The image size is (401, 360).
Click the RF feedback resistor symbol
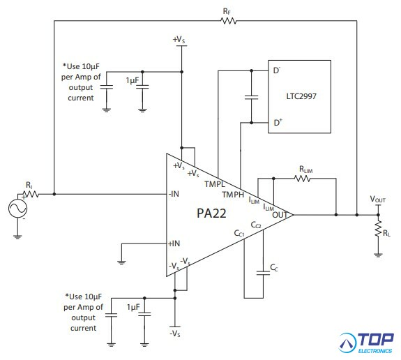click(x=228, y=21)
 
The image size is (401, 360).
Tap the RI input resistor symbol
click(x=31, y=194)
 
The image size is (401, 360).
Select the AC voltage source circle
click(x=17, y=209)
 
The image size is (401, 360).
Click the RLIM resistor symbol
click(x=303, y=179)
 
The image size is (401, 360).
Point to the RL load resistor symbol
click(x=378, y=228)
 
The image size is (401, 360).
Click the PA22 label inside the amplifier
click(x=211, y=213)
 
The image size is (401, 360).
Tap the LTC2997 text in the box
click(x=301, y=96)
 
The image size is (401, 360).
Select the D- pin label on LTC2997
click(x=277, y=70)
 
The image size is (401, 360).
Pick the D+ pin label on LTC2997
click(x=278, y=122)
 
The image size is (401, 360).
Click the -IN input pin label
click(x=174, y=194)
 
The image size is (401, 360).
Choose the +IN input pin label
click(x=174, y=243)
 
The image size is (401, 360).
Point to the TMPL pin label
click(x=215, y=184)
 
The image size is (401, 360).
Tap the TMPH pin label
click(x=233, y=195)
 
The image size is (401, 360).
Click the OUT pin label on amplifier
click(x=280, y=215)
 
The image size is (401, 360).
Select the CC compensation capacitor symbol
click(x=263, y=273)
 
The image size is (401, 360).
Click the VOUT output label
click(x=377, y=199)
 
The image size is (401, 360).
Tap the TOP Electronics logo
click(x=366, y=343)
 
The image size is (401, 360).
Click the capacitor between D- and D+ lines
click(x=251, y=97)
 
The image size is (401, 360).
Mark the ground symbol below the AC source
click(x=17, y=237)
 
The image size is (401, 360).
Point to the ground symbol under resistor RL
click(x=378, y=255)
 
